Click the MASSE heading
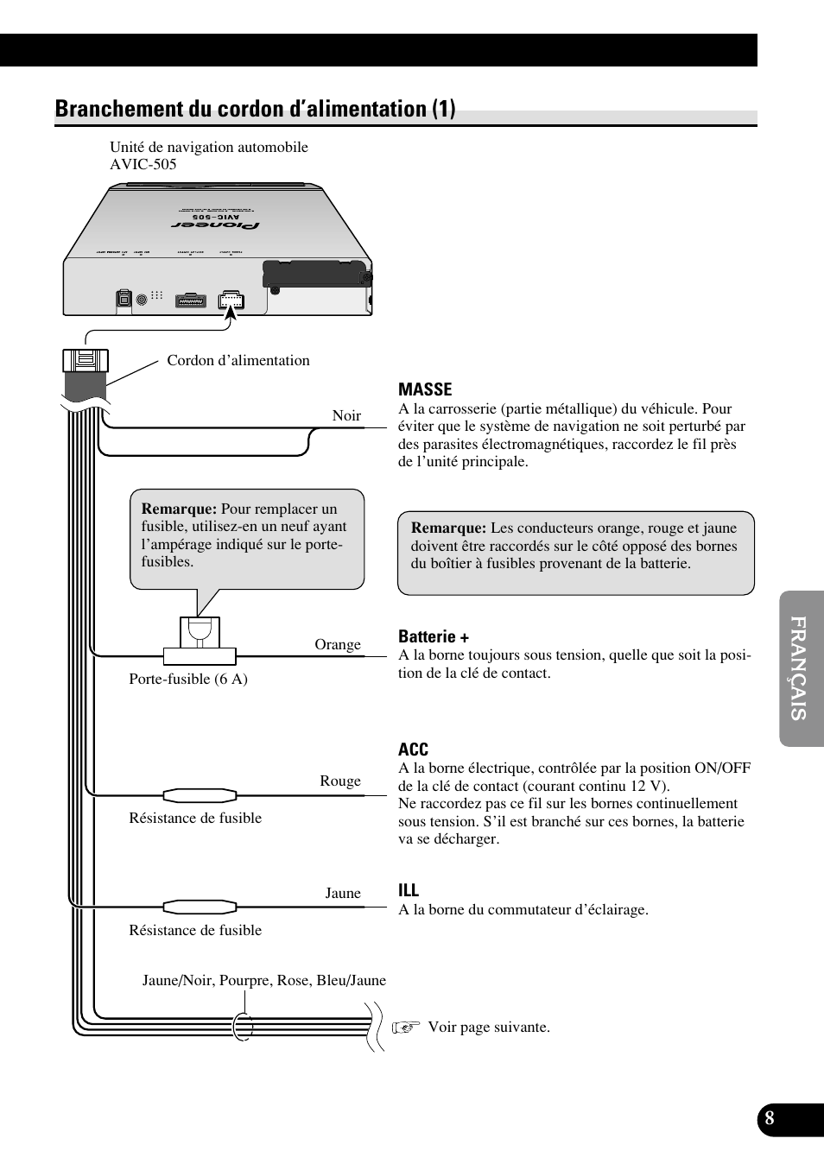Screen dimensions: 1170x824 (x=425, y=389)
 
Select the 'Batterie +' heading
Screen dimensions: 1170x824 (x=434, y=636)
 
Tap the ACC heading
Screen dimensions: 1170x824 (x=413, y=749)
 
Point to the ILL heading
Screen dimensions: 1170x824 (x=409, y=890)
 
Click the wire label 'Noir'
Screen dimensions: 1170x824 (x=346, y=415)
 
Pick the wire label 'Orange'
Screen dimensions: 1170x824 (x=338, y=644)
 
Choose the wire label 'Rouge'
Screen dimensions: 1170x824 (x=340, y=781)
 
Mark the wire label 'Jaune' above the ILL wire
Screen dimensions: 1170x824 (x=343, y=893)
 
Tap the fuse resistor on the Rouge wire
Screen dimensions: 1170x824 (x=200, y=794)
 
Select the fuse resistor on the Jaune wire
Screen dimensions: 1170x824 (x=200, y=907)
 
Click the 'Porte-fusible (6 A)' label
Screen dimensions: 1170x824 (x=188, y=679)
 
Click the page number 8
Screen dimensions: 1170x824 (x=770, y=1119)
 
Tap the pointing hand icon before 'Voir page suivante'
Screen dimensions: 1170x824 (x=405, y=1028)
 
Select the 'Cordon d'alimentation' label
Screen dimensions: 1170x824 (x=238, y=361)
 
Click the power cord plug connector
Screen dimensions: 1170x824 (x=86, y=361)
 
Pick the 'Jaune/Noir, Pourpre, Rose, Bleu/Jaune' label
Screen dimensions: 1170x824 (x=264, y=981)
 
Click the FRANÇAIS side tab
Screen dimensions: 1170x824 (x=801, y=668)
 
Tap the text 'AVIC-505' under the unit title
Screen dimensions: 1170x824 (x=143, y=164)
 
